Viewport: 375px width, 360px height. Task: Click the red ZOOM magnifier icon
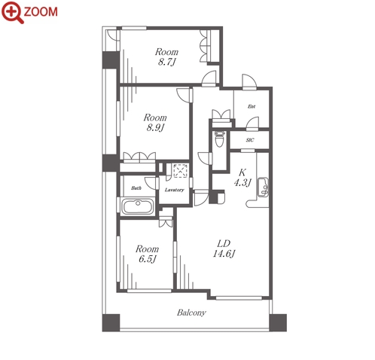click(12, 12)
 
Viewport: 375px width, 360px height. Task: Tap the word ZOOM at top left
click(41, 12)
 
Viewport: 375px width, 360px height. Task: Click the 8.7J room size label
click(166, 62)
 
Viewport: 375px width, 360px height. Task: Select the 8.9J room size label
click(155, 127)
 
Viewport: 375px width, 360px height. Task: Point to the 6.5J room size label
click(147, 259)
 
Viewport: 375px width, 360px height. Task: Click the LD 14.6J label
click(224, 249)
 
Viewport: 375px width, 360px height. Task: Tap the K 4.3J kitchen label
click(242, 178)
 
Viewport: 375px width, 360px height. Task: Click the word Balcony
click(191, 313)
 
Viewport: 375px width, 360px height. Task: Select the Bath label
click(136, 188)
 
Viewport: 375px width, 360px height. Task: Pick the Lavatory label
click(175, 190)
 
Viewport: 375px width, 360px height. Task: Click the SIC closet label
click(250, 140)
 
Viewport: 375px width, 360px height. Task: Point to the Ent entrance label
click(252, 106)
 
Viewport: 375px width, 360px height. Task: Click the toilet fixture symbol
click(220, 139)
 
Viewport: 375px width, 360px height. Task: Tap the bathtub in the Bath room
click(138, 206)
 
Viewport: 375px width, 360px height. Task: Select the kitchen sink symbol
click(263, 188)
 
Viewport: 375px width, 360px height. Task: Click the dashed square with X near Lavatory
click(181, 171)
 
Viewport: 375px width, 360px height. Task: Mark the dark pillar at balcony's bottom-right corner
click(278, 322)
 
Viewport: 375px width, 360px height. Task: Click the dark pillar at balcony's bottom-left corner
click(111, 322)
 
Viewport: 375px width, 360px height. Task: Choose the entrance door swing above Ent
click(249, 82)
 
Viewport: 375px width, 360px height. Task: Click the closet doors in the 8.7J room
click(204, 46)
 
